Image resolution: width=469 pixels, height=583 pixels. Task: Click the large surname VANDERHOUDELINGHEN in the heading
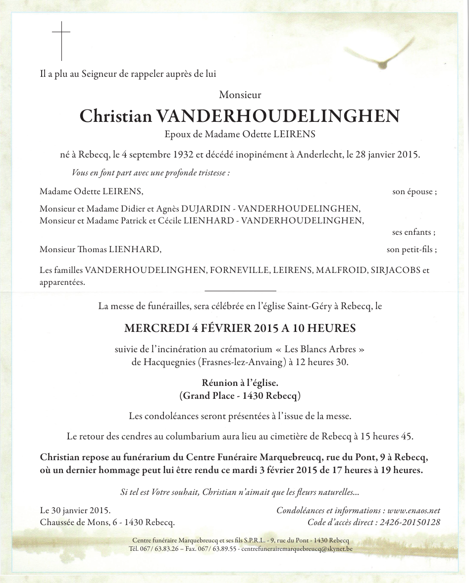coord(278,116)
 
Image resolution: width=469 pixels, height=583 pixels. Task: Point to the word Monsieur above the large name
coord(240,94)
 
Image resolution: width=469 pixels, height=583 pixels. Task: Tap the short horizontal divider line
coord(240,291)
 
